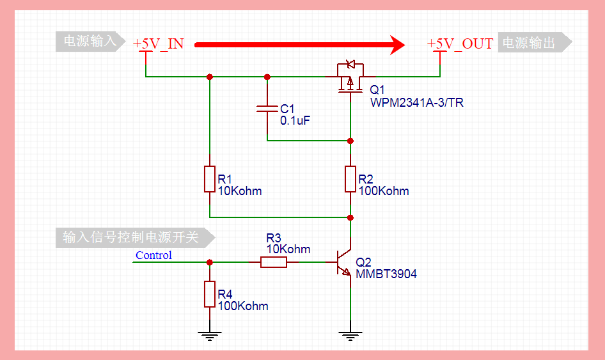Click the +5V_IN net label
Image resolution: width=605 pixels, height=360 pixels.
tap(158, 43)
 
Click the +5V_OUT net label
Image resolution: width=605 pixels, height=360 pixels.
tap(460, 43)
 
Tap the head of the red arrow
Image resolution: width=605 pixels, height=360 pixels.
tap(397, 45)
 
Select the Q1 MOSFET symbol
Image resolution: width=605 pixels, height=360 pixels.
tap(349, 76)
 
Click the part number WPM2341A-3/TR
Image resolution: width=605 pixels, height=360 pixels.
tap(416, 102)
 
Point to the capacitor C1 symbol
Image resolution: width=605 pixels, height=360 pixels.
tap(267, 108)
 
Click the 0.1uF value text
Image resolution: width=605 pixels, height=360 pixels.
tap(295, 120)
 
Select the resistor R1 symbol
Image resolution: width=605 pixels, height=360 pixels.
tap(209, 179)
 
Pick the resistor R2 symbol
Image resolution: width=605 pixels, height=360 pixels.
tap(350, 179)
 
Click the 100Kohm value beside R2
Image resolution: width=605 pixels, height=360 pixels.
tap(383, 191)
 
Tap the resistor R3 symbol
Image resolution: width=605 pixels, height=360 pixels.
tap(274, 262)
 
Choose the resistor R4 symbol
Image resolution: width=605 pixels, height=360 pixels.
tap(209, 294)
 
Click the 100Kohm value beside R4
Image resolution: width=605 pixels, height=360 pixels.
tap(242, 306)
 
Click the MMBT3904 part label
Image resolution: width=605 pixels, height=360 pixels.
tap(386, 274)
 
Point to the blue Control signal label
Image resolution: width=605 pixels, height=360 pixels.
tap(153, 255)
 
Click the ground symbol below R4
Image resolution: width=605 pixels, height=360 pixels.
tap(209, 334)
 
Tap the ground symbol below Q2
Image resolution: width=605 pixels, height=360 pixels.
tap(350, 334)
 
